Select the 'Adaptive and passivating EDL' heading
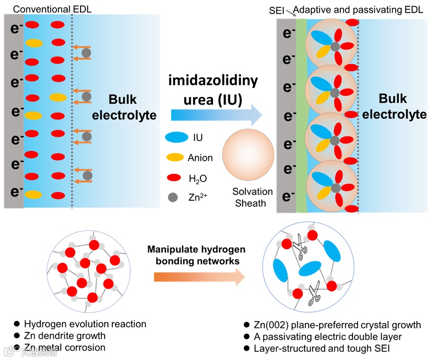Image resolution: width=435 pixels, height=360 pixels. click(355, 9)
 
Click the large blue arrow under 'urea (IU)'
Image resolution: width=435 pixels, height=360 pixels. click(217, 114)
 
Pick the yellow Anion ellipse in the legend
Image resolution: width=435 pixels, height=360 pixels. click(175, 158)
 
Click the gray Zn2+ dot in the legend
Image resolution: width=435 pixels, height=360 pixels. click(173, 197)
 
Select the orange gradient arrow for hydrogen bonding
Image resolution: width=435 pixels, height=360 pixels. click(199, 277)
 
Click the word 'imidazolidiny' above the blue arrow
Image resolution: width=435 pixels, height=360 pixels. click(213, 81)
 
